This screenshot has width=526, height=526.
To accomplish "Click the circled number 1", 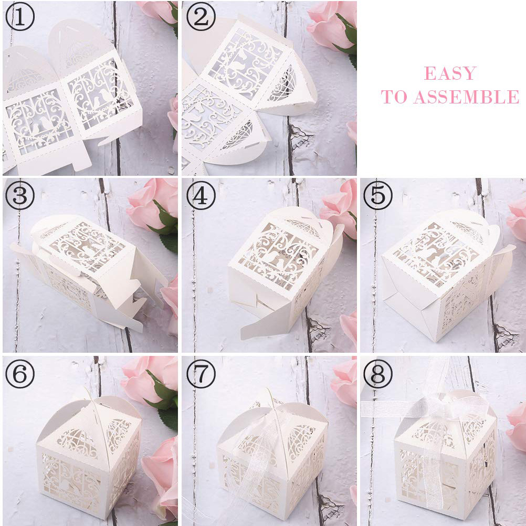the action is [x=20, y=16].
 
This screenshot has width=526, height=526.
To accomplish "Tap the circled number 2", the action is [x=201, y=16].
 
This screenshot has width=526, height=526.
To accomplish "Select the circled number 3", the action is [x=20, y=195].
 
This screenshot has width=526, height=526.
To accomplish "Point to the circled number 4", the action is [x=201, y=195].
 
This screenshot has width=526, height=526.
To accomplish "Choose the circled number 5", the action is [x=378, y=195].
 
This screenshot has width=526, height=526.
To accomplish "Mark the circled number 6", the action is [x=20, y=374].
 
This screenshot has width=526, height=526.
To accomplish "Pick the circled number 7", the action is [x=201, y=374].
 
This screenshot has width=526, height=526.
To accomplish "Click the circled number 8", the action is [x=378, y=374].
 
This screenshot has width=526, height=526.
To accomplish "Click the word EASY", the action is [x=450, y=73].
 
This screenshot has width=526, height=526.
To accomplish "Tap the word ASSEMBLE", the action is [x=467, y=97].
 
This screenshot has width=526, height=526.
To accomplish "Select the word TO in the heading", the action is [x=394, y=97].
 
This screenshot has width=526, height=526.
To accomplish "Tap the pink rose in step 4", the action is [x=339, y=208].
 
